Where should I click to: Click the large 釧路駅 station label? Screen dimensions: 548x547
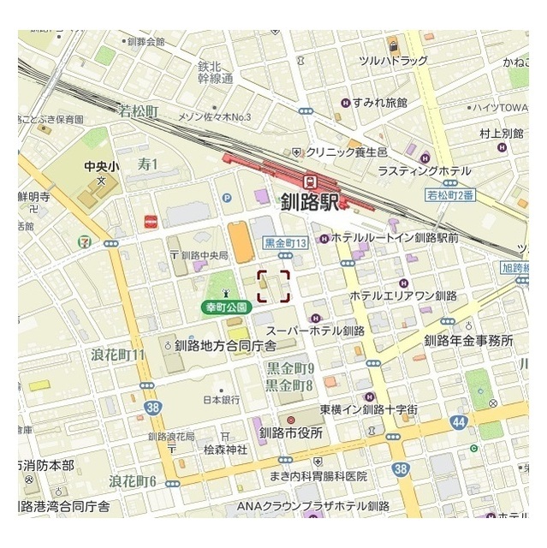coord(309,202)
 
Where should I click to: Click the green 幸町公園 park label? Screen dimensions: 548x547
coord(225,306)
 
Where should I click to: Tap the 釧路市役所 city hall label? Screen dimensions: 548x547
coord(292,432)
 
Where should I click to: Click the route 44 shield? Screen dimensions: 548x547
coord(459,421)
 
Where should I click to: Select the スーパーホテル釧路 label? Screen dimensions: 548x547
coord(315,331)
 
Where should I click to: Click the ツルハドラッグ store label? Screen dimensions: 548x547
coord(394,61)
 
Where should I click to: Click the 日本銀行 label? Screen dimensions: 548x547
coord(220,399)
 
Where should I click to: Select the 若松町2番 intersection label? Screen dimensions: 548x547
coord(449,195)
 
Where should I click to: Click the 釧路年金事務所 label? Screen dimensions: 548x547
coord(468,341)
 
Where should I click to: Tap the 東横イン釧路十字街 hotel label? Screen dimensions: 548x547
coord(369,410)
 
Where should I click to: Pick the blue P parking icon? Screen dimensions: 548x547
coord(227,198)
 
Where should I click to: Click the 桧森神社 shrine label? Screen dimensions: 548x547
coord(225,449)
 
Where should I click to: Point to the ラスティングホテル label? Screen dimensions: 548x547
coord(424,171)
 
